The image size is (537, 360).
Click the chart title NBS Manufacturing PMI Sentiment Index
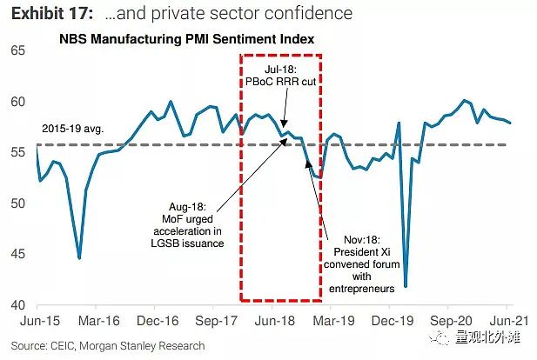pos(186,40)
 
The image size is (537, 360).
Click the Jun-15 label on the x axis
pos(36,319)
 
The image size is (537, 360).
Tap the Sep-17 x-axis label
pos(213,319)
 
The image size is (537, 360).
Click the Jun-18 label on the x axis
pos(272,319)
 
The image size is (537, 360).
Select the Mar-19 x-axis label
pos(331,319)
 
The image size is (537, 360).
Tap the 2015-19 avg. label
pos(73,128)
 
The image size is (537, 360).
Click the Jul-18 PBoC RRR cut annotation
pos(280,75)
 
